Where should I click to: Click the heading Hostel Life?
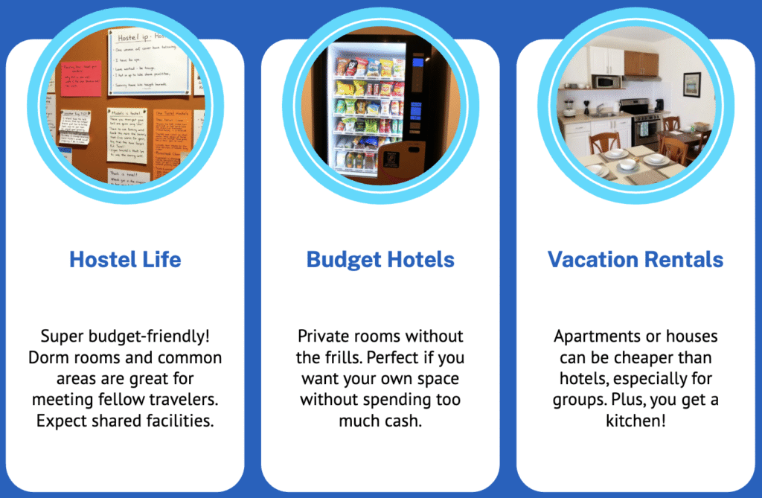pos(125,260)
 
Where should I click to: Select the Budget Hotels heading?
pos(380,260)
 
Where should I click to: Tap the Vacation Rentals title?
pos(635,260)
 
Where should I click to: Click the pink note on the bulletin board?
pos(81,79)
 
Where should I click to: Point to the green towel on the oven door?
pos(644,130)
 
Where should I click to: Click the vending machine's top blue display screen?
pos(417,62)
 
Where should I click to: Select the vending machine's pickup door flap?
pos(391,158)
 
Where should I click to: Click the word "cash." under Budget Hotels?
pos(402,421)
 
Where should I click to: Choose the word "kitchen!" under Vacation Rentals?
pos(635,421)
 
